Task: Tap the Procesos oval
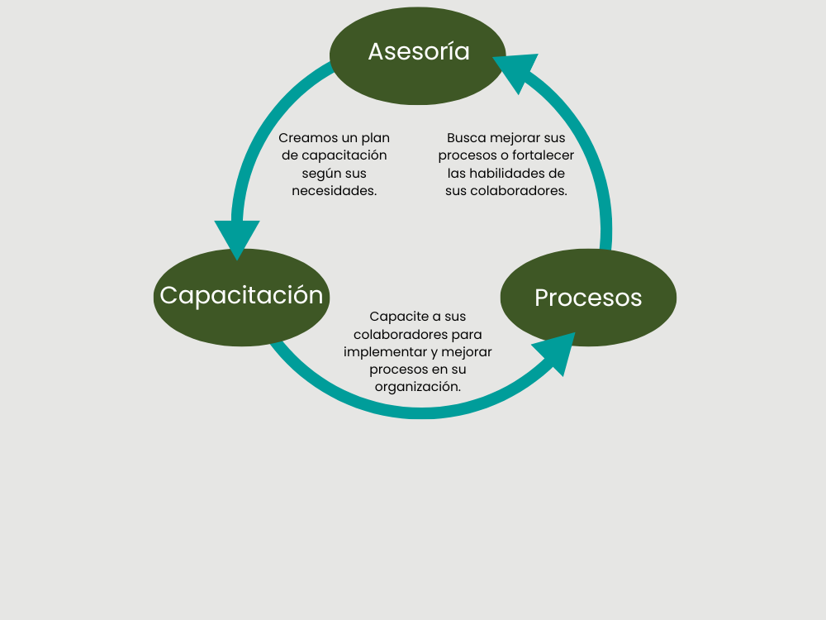tap(588, 297)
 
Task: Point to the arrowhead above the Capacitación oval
tap(237, 237)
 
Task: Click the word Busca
tap(466, 138)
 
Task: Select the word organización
tap(418, 386)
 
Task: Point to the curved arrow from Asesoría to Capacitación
tap(256, 141)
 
